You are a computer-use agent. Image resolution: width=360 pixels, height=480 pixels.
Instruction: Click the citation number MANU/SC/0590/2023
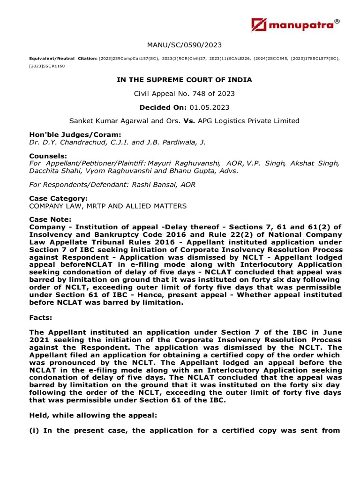[184, 45]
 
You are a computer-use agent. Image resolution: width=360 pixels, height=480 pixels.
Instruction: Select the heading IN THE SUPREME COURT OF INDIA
[184, 80]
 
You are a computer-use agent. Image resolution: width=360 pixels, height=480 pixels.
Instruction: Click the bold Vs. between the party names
[189, 121]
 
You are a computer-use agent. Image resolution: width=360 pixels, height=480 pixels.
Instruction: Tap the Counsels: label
[48, 155]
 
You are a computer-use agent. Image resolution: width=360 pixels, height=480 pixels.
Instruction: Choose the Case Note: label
[51, 219]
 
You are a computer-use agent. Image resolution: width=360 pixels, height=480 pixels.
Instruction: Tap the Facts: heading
[42, 317]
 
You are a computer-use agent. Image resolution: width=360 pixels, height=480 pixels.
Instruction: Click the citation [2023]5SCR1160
[47, 67]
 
